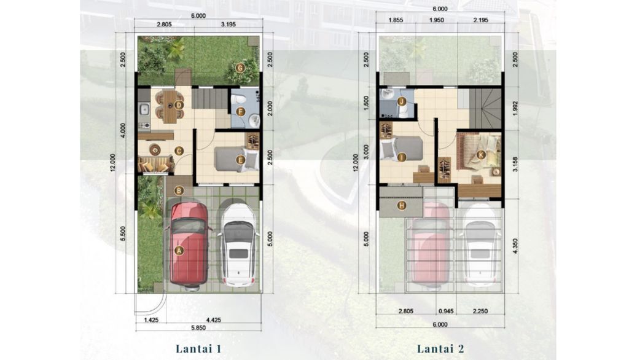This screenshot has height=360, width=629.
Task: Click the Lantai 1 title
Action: coord(198,349)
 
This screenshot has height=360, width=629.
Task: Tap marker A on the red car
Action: coord(179,250)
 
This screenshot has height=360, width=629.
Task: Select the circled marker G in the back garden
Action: coord(240,68)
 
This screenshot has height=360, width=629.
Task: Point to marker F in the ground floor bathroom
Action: coord(241,112)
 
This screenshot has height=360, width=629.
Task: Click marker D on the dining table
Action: coord(179,105)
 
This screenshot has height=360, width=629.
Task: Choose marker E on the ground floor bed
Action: coord(240,160)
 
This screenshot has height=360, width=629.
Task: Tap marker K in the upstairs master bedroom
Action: coord(481,155)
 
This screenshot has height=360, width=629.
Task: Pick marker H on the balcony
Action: coord(402,205)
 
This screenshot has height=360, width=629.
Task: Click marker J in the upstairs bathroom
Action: coord(402,101)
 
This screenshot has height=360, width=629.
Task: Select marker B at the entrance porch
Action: coord(179,190)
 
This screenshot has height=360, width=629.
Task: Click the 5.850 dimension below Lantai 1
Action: coord(197,327)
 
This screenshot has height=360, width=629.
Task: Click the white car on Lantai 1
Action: coord(238,245)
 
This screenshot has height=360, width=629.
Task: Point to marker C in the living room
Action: coord(179,151)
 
